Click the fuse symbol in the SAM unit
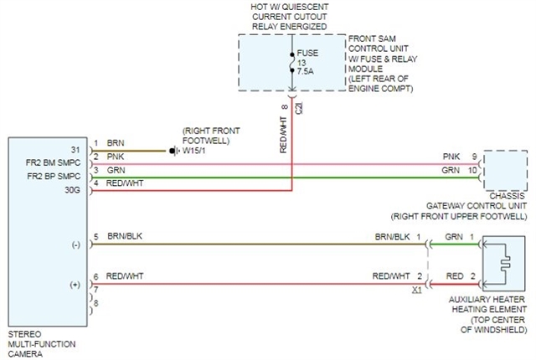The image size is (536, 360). click(x=291, y=63)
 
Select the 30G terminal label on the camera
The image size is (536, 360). click(x=74, y=191)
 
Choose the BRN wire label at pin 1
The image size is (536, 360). click(x=116, y=143)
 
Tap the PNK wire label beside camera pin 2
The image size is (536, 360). click(x=116, y=157)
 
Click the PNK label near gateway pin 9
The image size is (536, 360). click(x=451, y=157)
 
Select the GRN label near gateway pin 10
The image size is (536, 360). click(x=451, y=170)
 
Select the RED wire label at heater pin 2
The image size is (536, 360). click(x=454, y=276)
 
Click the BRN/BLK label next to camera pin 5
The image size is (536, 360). click(x=124, y=237)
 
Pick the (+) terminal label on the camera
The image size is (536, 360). click(x=75, y=285)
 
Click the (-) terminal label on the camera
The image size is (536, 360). click(x=75, y=244)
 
